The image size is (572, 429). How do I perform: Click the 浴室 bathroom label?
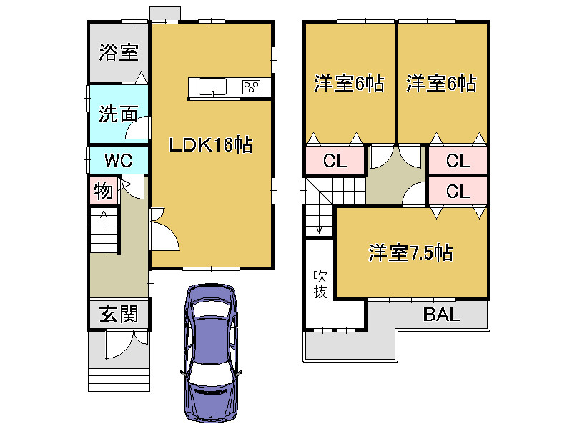(x=119, y=52)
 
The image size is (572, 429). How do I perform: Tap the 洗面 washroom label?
(x=119, y=114)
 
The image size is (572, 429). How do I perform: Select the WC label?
(x=119, y=160)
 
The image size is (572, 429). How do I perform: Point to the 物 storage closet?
(x=104, y=191)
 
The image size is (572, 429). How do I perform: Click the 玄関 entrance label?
(x=119, y=314)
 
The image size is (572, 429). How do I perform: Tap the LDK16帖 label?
(x=210, y=145)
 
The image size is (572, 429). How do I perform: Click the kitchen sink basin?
(x=212, y=87)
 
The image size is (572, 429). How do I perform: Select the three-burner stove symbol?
(x=252, y=87)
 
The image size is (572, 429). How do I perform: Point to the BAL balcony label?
(x=441, y=314)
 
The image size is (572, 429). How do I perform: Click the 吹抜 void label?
(x=320, y=284)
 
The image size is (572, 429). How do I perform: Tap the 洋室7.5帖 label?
(x=410, y=252)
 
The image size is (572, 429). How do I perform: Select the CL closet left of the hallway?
(x=335, y=160)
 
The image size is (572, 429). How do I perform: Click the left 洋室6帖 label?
(x=349, y=83)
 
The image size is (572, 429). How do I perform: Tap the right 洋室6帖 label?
(x=441, y=83)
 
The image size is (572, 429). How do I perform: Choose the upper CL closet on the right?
(x=458, y=160)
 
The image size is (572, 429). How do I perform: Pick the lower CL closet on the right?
(x=458, y=191)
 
